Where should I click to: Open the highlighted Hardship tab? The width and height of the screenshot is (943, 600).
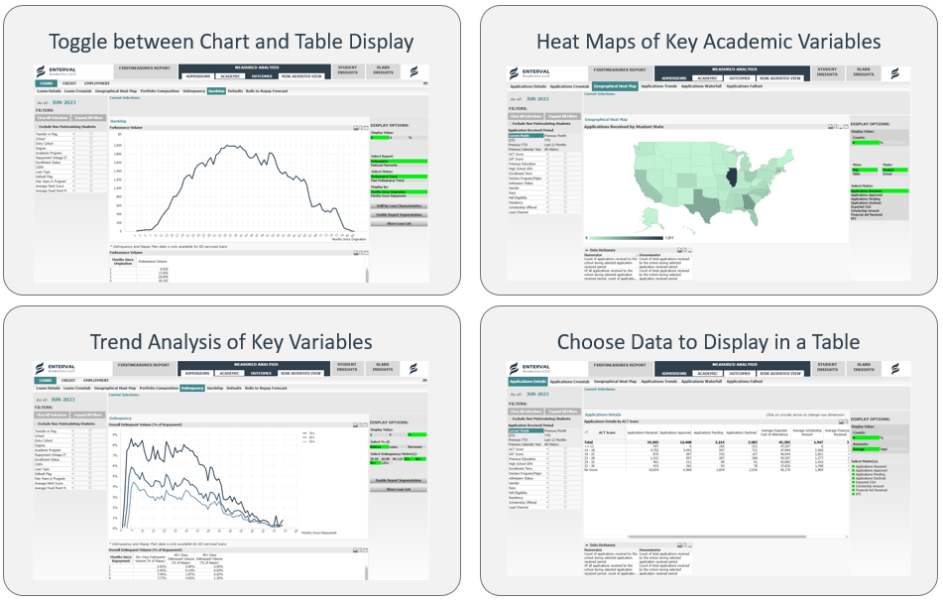[216, 90]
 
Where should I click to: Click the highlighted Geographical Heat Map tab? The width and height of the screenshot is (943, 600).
[614, 86]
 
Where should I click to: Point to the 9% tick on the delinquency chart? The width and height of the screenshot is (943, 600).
[115, 434]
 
